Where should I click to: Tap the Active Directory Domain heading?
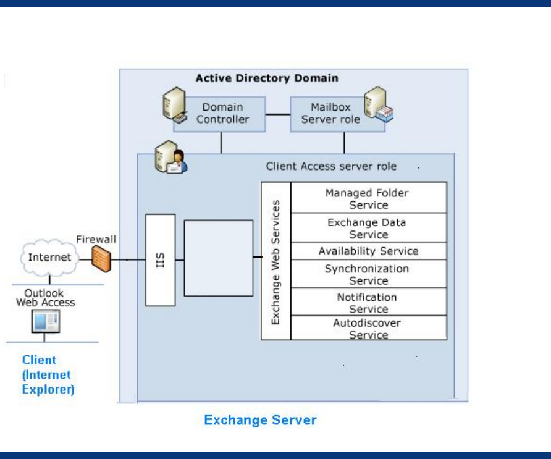pos(267,78)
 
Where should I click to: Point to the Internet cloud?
pos(49,257)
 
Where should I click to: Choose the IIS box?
pos(161,260)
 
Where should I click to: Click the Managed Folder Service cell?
pos(369,198)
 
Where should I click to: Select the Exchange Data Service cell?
pos(369,228)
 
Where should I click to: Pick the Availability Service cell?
pos(369,251)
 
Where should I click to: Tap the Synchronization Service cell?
pos(369,274)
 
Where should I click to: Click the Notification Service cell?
pos(369,303)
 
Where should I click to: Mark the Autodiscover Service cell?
pos(369,329)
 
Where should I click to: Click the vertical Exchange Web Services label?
pos(276,261)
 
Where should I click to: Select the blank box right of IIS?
pos(219,258)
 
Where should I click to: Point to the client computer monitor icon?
pos(46,321)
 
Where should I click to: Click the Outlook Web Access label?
pos(45,298)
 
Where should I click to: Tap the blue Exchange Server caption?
pos(260,421)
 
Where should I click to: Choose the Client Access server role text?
pos(331,166)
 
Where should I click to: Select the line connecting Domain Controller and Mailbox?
pos(278,114)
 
